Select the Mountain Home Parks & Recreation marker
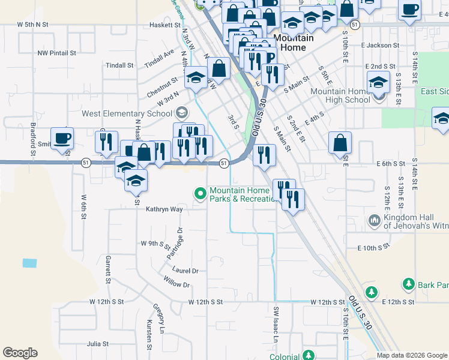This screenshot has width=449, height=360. click(x=200, y=193)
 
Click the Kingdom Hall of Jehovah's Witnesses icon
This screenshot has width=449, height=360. click(x=374, y=221)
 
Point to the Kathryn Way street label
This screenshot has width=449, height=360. click(x=164, y=209)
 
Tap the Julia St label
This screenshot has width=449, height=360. click(x=97, y=344)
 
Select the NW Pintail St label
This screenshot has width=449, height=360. click(x=56, y=53)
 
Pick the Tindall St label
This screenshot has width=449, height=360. click(x=119, y=65)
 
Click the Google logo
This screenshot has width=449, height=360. click(x=20, y=353)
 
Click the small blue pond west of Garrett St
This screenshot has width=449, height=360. click(x=29, y=263)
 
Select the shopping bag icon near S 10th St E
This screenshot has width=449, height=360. click(x=340, y=143)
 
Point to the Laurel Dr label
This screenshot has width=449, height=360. click(x=185, y=271)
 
